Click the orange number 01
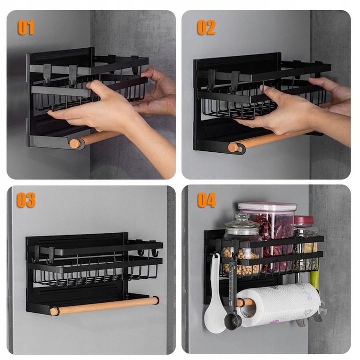pyautogui.click(x=26, y=27)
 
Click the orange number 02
pyautogui.click(x=206, y=27)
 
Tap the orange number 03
pyautogui.click(x=26, y=200)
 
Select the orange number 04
pyautogui.click(x=207, y=200)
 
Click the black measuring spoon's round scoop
pyautogui.click(x=233, y=321)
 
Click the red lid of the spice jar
pyautogui.click(x=304, y=221)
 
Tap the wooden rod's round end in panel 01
pyautogui.click(x=75, y=143)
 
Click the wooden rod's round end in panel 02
pyautogui.click(x=233, y=148)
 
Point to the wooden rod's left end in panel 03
pyautogui.click(x=54, y=312)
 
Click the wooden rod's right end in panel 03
pyautogui.click(x=156, y=300)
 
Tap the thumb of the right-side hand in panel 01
pyautogui.click(x=147, y=72)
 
